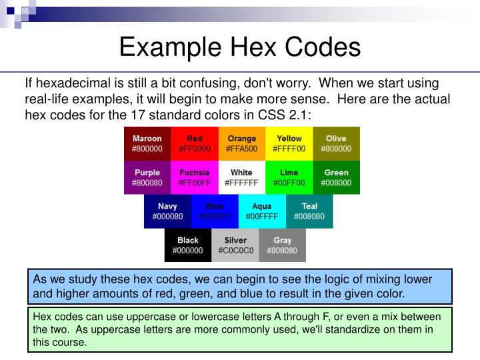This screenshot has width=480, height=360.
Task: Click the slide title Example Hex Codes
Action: [240, 47]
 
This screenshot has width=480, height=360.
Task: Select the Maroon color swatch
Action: [147, 143]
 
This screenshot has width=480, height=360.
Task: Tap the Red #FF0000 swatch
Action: [195, 143]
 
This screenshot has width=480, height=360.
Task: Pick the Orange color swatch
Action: [242, 143]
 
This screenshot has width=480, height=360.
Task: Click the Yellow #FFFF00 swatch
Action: [289, 143]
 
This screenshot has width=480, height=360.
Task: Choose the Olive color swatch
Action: [337, 143]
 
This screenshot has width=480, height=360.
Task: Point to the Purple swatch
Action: [147, 177]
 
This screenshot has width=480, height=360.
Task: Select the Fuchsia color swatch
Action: [195, 177]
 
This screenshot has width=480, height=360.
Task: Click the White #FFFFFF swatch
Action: [242, 177]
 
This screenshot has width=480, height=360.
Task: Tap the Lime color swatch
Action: [289, 177]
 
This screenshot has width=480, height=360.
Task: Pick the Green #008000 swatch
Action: [337, 177]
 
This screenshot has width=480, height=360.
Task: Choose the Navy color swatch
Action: [167, 211]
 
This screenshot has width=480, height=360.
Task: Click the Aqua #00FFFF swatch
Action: [262, 211]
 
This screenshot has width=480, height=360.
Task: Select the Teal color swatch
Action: [309, 211]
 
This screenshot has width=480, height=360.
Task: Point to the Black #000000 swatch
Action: [188, 245]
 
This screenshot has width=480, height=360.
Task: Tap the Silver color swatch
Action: [235, 245]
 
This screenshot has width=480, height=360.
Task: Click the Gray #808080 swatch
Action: [283, 245]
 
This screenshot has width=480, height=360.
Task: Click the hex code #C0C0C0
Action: [236, 251]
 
